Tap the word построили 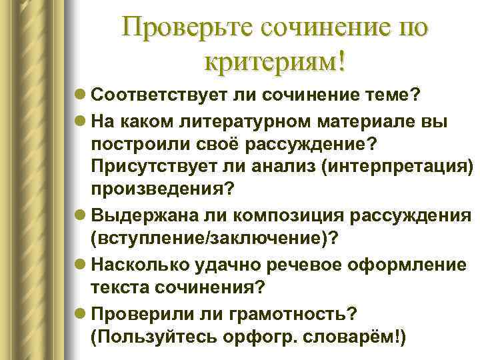pyautogui.click(x=139, y=144)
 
